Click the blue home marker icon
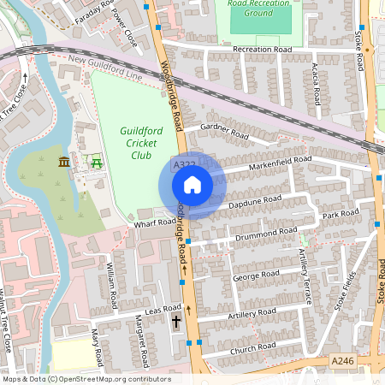[192, 185]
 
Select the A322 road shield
[184, 164]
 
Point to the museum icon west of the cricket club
[63, 162]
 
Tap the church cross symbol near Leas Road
[176, 322]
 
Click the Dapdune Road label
[255, 203]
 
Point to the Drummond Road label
[269, 233]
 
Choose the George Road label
[256, 275]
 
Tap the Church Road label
[253, 346]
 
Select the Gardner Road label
[224, 131]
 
